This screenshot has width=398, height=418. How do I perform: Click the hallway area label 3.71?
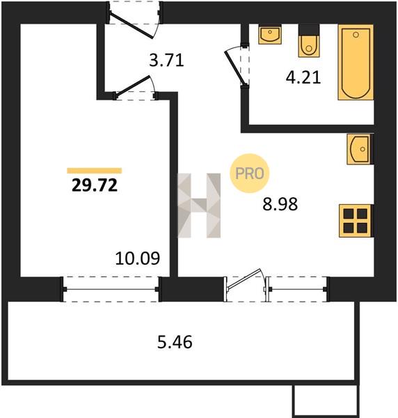(x=166, y=60)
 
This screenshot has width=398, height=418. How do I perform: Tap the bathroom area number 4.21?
(x=303, y=78)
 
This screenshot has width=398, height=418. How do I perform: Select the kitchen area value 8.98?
(x=280, y=204)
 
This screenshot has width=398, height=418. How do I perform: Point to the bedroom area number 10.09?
(x=137, y=258)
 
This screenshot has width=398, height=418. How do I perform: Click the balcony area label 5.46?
(x=175, y=342)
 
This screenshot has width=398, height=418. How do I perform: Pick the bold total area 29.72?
(x=95, y=185)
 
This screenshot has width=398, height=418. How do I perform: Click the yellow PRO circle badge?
(x=250, y=173)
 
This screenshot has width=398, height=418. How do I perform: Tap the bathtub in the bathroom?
(x=356, y=62)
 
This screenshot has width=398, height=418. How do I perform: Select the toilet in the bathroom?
(x=309, y=41)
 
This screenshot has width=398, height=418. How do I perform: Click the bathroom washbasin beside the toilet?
(x=270, y=34)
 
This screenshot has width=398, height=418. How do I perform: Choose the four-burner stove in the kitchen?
(x=356, y=221)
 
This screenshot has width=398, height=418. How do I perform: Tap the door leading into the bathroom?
(x=237, y=65)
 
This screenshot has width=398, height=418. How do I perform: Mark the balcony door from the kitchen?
(x=245, y=285)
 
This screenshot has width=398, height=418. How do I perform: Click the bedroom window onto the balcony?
(x=111, y=289)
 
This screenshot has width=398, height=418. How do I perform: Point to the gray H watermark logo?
(x=199, y=206)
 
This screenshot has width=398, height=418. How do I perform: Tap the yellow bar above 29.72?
(x=95, y=171)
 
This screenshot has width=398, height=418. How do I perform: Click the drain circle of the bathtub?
(x=356, y=35)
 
